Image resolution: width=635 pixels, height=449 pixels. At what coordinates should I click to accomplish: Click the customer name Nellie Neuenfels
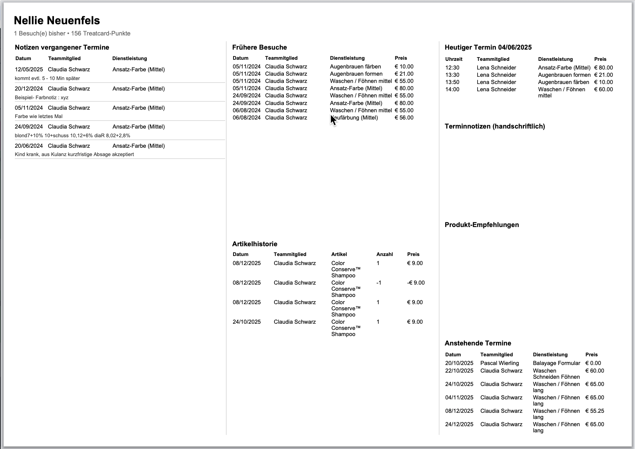pos(57,21)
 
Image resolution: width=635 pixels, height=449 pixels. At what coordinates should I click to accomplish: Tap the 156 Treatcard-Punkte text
pos(101,33)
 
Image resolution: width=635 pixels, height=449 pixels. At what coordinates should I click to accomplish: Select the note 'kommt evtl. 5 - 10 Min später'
pos(47,78)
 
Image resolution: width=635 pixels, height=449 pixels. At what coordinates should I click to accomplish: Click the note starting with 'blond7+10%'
pos(72,135)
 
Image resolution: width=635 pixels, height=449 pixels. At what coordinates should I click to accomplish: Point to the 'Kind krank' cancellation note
pos(74,154)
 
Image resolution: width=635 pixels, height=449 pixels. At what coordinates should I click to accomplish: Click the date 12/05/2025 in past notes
pos(29,70)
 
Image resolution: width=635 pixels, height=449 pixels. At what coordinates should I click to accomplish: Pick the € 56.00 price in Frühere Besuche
pos(404,118)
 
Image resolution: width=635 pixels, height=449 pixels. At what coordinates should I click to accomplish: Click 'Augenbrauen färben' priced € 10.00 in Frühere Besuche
pos(355,67)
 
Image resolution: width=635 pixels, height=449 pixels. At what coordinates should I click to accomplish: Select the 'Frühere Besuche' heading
pos(260,47)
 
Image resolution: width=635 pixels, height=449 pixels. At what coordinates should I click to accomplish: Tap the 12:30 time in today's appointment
pos(452,68)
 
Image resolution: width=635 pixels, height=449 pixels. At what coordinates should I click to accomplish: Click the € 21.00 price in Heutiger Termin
pos(604,75)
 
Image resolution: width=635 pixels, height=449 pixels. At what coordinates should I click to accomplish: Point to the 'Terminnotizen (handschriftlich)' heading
pos(495,126)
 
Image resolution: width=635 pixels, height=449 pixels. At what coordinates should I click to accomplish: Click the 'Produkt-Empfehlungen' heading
pos(481,225)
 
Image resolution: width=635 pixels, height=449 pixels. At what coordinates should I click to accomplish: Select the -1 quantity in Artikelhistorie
pos(379,283)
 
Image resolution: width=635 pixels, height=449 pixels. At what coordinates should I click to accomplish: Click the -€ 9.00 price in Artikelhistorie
pos(416,283)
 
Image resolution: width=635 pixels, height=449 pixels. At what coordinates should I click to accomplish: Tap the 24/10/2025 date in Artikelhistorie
pos(247,322)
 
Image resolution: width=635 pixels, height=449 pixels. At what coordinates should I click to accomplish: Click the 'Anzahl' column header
pos(384,254)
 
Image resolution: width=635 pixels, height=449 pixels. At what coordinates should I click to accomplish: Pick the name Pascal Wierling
pos(499,363)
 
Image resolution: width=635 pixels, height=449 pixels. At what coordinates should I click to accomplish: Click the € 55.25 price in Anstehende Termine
pos(594,411)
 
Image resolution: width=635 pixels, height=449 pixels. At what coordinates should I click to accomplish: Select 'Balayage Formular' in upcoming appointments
pos(556,363)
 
